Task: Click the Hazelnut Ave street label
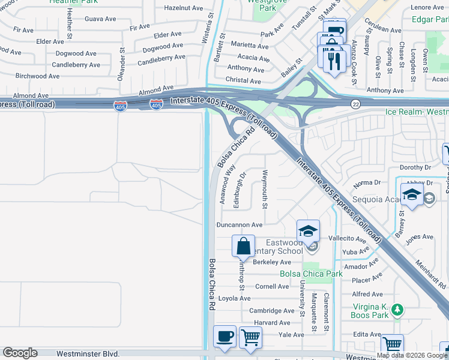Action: coord(184,8)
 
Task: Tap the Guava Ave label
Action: coord(100,19)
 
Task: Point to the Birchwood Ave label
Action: coord(37,76)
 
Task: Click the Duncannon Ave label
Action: coord(240,225)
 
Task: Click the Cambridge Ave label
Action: coord(272,311)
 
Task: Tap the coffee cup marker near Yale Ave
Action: coord(225,336)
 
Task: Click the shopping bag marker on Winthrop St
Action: coord(243,246)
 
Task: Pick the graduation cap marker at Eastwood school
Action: coord(308,231)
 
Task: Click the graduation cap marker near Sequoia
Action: coord(412,195)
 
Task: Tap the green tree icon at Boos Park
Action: coord(396,310)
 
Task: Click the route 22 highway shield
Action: coord(355,104)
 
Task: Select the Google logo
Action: coord(20,353)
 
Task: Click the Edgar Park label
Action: coord(429,19)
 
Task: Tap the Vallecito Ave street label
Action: coord(360,239)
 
